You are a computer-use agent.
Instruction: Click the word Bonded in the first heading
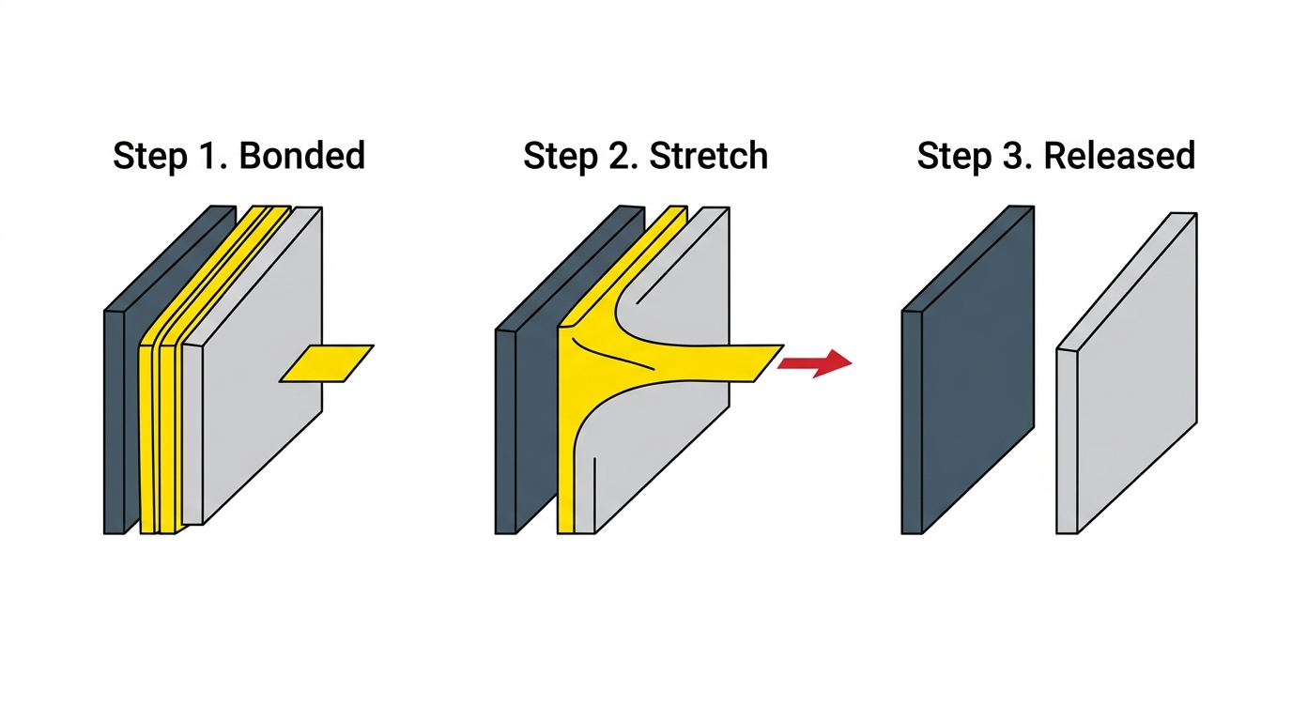point(301,155)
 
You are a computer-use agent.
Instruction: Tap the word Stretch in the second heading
point(708,155)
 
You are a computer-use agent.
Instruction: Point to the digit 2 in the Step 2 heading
point(620,155)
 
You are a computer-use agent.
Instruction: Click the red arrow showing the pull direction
point(814,363)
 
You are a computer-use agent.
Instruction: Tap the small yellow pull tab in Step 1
point(327,363)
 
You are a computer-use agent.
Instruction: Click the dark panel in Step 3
point(968,369)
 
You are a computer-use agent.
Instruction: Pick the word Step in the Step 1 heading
point(150,157)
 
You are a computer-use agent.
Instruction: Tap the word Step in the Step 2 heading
point(561,157)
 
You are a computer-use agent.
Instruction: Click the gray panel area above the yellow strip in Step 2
point(681,288)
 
